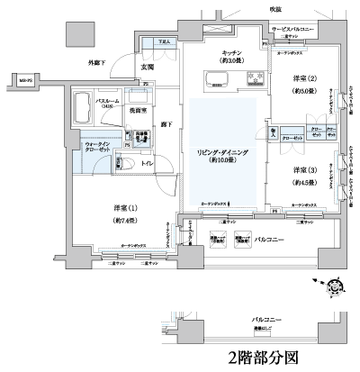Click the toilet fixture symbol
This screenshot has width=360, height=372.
click(x=128, y=165)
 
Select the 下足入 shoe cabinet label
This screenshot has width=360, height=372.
click(x=164, y=41)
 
